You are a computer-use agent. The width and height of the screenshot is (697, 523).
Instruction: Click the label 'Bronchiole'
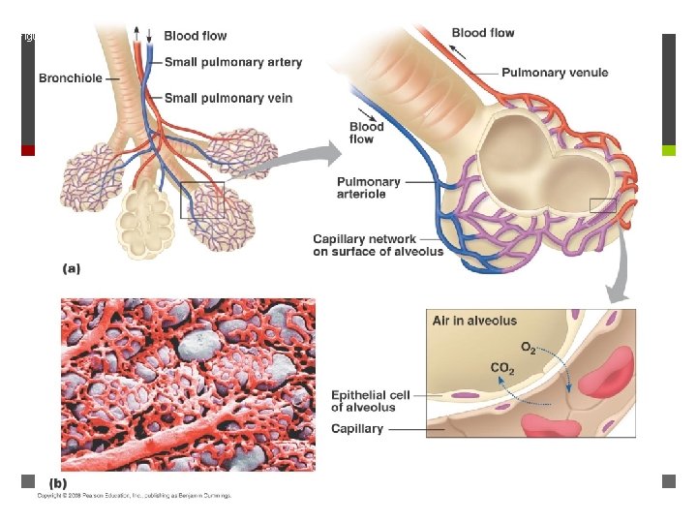(x=72, y=77)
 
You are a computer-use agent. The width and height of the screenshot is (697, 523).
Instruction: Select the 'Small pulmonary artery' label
(x=232, y=63)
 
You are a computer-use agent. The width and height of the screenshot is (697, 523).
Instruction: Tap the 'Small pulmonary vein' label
(x=227, y=98)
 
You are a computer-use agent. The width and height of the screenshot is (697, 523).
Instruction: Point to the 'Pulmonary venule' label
(x=554, y=72)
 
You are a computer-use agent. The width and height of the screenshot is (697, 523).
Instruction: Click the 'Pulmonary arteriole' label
(x=368, y=188)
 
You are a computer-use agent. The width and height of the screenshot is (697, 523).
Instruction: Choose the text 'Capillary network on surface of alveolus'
(x=378, y=245)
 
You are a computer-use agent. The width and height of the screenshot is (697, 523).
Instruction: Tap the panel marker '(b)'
(x=57, y=482)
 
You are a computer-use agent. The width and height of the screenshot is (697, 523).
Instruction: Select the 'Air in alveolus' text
(x=474, y=321)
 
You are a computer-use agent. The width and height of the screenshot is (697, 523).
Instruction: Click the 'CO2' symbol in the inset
(x=502, y=368)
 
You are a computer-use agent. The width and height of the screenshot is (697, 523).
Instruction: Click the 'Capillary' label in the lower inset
(x=357, y=428)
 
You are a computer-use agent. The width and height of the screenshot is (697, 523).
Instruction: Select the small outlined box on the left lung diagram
(x=202, y=200)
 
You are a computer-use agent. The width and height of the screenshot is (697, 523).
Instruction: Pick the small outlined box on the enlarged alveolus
(x=602, y=203)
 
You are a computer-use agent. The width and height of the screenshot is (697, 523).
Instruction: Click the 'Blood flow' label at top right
(x=483, y=33)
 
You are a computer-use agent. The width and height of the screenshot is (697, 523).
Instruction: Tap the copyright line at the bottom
(x=135, y=496)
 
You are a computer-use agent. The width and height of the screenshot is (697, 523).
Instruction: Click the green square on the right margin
(x=667, y=150)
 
